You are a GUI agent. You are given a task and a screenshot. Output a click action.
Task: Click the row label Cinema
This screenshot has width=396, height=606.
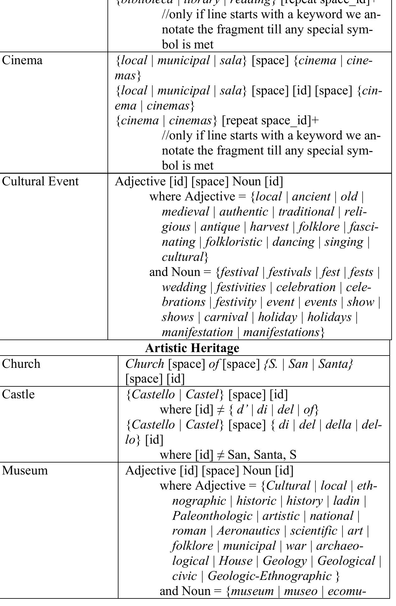[22, 60]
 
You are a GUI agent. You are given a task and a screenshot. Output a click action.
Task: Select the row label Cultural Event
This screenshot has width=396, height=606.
[40, 182]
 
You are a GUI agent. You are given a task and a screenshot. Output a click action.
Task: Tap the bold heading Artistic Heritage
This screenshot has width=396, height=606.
[192, 348]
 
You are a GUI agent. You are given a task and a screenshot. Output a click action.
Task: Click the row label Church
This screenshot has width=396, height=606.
[21, 364]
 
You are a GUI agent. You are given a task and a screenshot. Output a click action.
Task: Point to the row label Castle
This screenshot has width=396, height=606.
[18, 394]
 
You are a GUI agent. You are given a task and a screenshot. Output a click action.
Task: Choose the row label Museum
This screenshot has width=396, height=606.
[25, 470]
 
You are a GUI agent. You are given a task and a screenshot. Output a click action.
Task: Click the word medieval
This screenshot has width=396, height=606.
[185, 212]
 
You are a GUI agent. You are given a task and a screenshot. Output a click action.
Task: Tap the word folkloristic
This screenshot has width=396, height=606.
[234, 242]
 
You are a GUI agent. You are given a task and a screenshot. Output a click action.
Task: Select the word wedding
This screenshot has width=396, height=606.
[184, 287]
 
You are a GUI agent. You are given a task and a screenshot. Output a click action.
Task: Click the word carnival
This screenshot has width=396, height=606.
[226, 317]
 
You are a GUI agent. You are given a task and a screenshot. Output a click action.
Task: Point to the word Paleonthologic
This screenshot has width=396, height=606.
[212, 516]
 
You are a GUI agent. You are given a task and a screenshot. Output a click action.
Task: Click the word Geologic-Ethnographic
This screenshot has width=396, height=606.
[269, 576]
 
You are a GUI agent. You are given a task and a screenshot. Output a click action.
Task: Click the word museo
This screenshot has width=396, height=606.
[300, 591]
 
